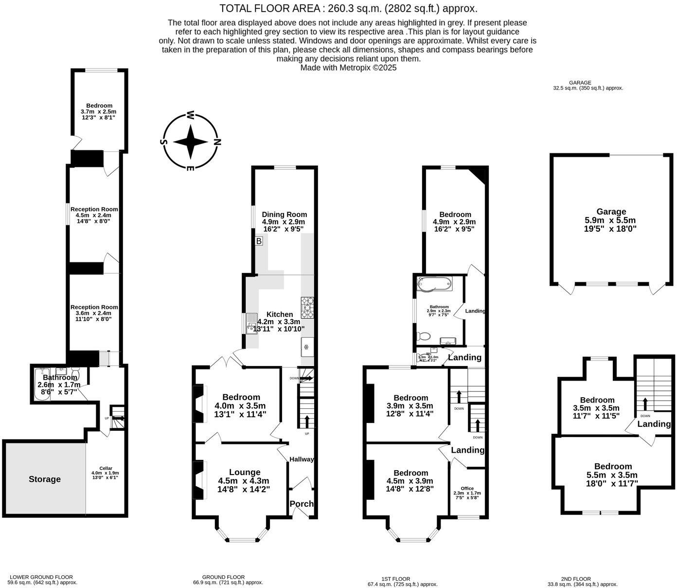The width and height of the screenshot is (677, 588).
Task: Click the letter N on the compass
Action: pos(217,143)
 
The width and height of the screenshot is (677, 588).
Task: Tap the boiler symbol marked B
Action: pos(259,241)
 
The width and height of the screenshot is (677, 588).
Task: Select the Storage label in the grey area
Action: pos(45,479)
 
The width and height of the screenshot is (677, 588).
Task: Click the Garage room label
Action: pos(611,212)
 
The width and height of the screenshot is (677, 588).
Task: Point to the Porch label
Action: pos(302,504)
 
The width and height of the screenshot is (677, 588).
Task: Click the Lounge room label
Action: pos(245,472)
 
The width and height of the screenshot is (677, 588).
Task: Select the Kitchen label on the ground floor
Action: pos(280,314)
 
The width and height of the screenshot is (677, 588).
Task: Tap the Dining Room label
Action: pos(285,214)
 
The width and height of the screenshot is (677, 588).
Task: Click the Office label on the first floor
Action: pos(467,488)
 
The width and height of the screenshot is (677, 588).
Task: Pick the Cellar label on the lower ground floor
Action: pos(106,468)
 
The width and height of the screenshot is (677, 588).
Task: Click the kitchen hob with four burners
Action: pos(307,308)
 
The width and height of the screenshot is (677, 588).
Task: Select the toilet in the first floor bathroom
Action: pos(424,336)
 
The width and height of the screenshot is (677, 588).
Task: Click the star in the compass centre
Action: pos(191,142)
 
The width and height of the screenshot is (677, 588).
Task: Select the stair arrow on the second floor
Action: pos(645,404)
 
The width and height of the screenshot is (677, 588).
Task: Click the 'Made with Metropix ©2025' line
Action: pos(348,68)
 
